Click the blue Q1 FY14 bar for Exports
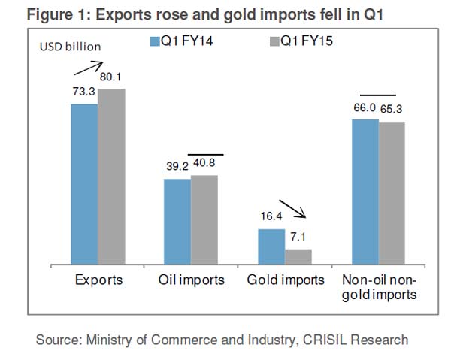tap(84, 184)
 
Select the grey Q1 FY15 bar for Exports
tap(111, 177)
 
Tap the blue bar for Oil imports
tap(177, 222)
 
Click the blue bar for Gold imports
tap(271, 247)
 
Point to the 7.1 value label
tap(297, 237)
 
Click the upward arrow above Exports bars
tap(87, 69)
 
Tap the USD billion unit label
tap(70, 47)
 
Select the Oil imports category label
tap(191, 280)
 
